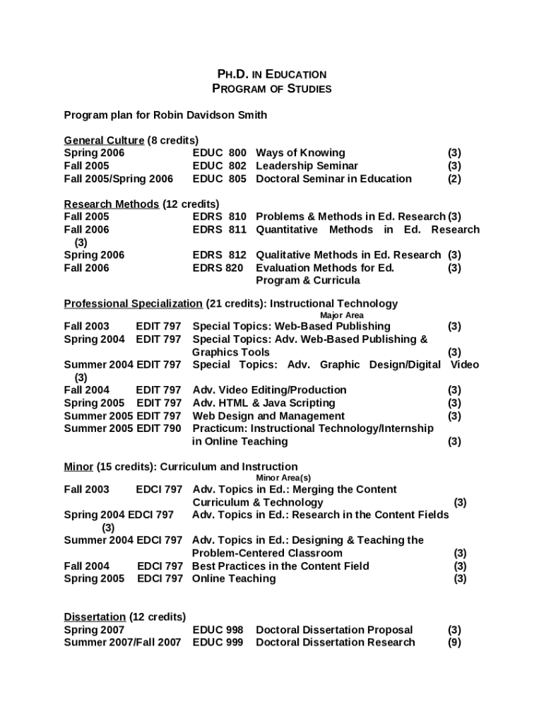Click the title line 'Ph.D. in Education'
tap(271, 74)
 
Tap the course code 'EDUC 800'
tap(219, 153)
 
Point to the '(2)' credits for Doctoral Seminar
tap(454, 179)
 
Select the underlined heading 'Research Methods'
tap(111, 204)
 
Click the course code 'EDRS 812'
tap(219, 255)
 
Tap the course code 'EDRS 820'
tap(218, 268)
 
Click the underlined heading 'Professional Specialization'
tap(133, 304)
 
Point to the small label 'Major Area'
tap(342, 315)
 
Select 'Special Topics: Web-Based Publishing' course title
tap(291, 326)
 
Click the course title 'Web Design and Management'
tap(268, 416)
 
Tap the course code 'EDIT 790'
tap(158, 428)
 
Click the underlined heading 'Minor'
tap(78, 467)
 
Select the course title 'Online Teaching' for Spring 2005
tap(234, 578)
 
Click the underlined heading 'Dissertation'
tap(95, 617)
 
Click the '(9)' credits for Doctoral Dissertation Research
tap(454, 642)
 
